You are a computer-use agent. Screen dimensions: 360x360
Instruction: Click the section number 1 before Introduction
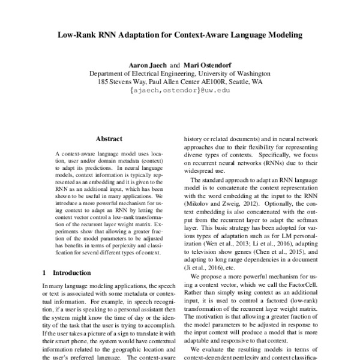(x=44, y=272)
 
